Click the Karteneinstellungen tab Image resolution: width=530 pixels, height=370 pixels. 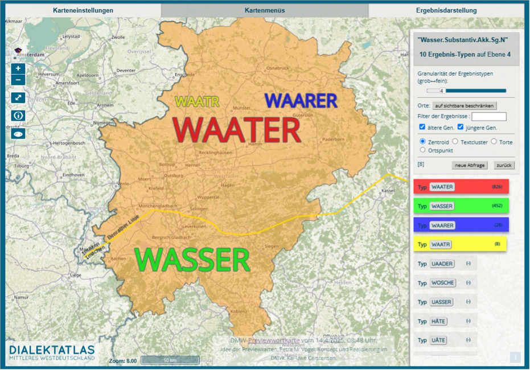[83, 10]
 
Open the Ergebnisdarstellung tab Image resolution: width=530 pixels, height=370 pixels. [446, 10]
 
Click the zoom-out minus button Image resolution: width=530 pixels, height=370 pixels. [18, 80]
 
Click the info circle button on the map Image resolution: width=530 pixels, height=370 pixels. [18, 116]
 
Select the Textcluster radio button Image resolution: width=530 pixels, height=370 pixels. [455, 141]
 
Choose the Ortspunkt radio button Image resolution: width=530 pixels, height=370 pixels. [422, 150]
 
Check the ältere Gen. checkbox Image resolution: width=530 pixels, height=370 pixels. [422, 127]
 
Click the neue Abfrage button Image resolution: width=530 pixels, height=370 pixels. [470, 165]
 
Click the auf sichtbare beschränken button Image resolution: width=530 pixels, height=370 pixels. [465, 106]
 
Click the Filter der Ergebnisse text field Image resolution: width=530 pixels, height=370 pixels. [488, 117]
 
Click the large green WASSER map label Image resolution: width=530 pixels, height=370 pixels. [193, 260]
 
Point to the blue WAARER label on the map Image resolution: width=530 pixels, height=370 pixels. [301, 101]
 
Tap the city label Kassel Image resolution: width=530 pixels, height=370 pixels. [388, 190]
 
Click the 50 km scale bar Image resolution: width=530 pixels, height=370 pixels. [170, 361]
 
